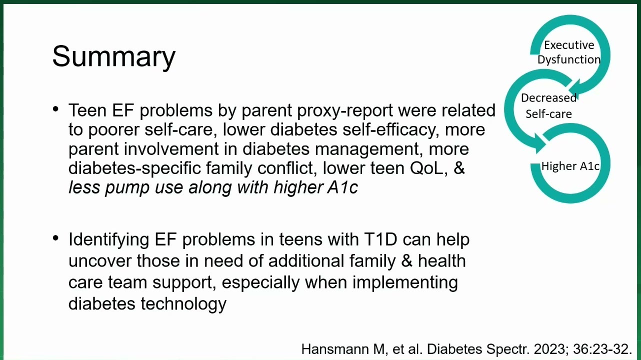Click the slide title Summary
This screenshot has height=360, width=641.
[x=113, y=56]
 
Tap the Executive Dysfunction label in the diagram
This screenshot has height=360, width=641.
[x=569, y=52]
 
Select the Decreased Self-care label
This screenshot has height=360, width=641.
[x=548, y=106]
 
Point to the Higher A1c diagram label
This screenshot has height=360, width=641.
[x=570, y=166]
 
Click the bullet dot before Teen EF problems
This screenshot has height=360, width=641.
[x=56, y=109]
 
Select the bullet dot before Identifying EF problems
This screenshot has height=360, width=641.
[x=56, y=238]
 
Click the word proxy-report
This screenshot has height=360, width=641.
[x=345, y=110]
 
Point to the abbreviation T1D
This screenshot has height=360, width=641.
[x=380, y=239]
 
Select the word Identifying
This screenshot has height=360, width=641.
[x=108, y=240]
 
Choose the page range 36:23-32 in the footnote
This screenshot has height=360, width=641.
[x=602, y=349]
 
